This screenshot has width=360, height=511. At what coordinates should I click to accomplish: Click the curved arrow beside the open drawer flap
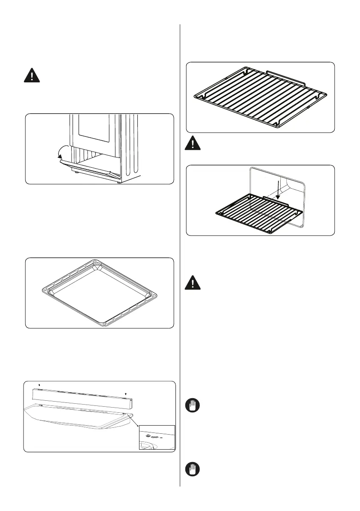coord(63,152)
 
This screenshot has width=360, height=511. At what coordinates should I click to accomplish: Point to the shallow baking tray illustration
coord(99,293)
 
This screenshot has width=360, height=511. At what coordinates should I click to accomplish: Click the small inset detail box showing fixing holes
coord(157,437)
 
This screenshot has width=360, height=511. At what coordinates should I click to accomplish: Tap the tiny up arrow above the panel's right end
coord(126,392)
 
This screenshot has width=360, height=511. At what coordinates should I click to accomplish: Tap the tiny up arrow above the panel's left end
coord(39,385)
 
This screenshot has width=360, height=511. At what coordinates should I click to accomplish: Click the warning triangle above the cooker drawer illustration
coord(31,76)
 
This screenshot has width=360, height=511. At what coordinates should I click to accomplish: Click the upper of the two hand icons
coord(193,406)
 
